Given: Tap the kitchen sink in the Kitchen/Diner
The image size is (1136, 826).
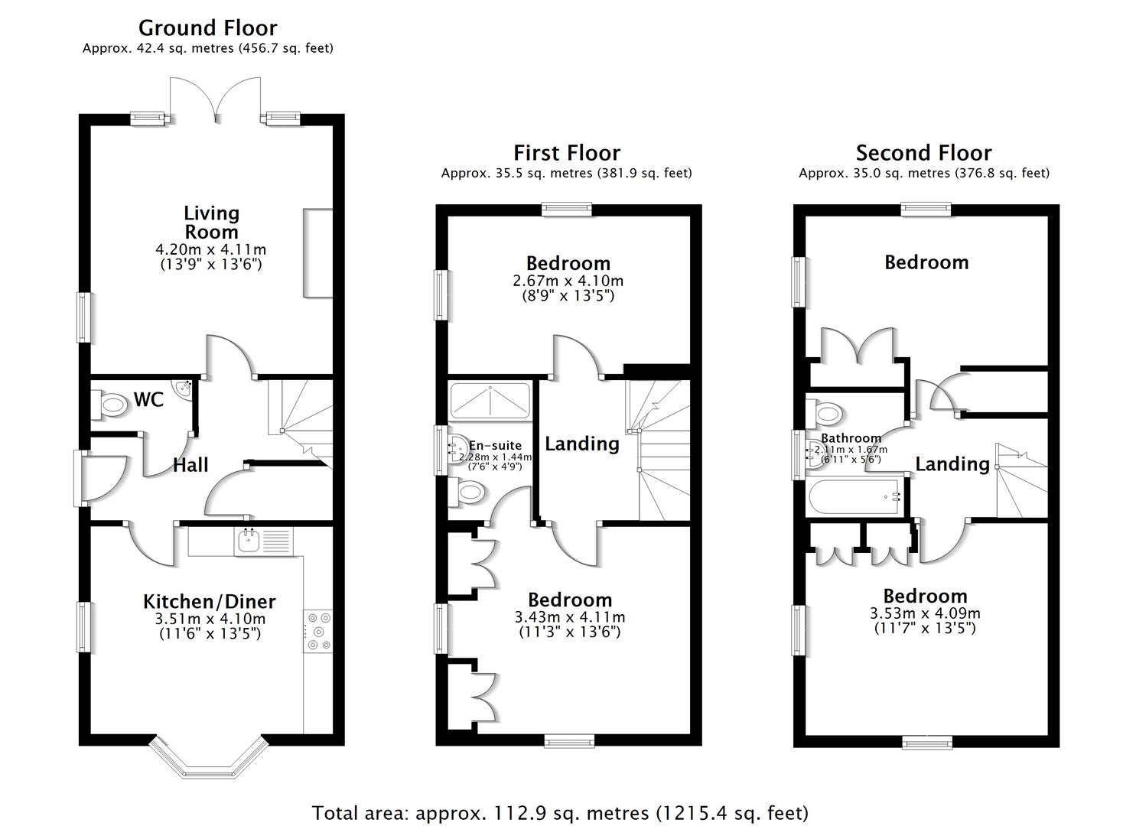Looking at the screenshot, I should click(249, 541).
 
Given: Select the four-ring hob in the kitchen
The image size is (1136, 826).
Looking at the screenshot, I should click(318, 631).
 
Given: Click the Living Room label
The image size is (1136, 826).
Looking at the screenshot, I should click(211, 222).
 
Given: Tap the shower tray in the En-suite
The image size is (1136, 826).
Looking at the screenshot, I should click(490, 401).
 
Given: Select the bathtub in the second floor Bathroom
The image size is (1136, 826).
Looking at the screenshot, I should click(855, 498).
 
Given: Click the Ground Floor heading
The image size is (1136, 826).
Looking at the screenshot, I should click(207, 28).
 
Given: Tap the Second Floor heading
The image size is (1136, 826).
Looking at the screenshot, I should click(923, 153).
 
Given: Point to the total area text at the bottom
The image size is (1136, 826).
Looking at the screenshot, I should click(559, 812).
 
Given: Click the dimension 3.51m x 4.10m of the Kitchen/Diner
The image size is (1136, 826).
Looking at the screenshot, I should click(210, 618).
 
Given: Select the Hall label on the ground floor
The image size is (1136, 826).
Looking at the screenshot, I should click(190, 465).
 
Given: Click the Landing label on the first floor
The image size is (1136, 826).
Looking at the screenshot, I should click(581, 444).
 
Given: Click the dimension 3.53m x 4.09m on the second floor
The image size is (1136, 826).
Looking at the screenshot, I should click(925, 613).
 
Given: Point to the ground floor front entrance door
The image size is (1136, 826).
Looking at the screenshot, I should click(99, 478).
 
